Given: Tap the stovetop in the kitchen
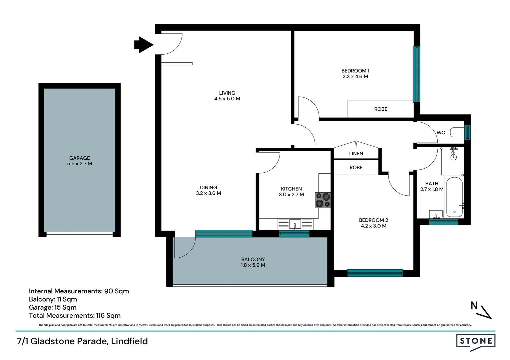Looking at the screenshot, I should click(x=323, y=200).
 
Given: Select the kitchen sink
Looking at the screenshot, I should click(x=295, y=224).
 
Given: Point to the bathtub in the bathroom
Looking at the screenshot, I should click(x=454, y=197).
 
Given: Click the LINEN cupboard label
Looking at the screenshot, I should click(x=356, y=154).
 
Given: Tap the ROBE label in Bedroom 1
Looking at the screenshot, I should click(x=381, y=109).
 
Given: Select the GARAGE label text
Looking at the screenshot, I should click(x=79, y=158).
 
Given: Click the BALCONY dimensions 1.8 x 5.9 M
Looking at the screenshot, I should click(x=253, y=265).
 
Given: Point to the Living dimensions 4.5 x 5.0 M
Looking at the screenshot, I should click(x=227, y=99).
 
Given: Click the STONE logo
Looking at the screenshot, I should click(x=476, y=341).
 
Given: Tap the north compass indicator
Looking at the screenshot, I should click(x=481, y=310).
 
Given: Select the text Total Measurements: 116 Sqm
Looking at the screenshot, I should click(x=75, y=316).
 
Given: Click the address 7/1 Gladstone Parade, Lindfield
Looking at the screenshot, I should click(x=82, y=341).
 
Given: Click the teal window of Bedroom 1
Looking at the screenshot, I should click(x=416, y=74).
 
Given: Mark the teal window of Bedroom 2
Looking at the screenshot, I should click(x=375, y=273).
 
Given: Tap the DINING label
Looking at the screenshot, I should click(x=208, y=188).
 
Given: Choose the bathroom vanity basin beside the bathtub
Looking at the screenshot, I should click(x=436, y=214).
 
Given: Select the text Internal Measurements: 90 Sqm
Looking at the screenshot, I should click(x=79, y=291).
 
